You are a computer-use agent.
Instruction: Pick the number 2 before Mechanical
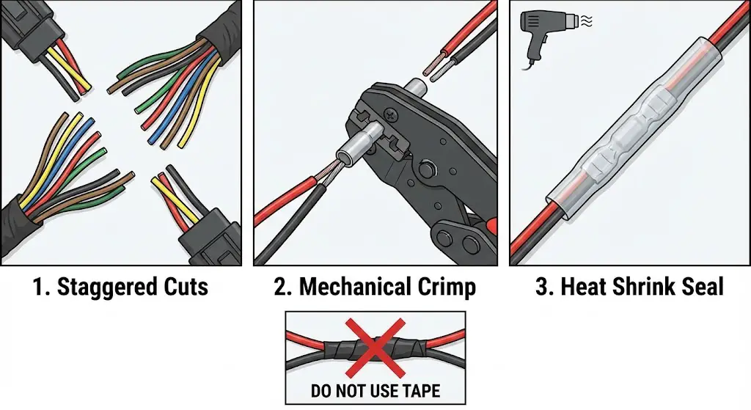click(280, 287)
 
